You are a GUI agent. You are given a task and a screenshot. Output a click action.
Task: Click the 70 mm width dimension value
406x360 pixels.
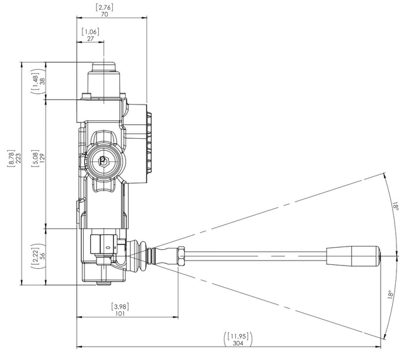point(104,15)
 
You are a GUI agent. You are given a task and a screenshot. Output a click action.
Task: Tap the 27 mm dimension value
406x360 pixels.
point(90,39)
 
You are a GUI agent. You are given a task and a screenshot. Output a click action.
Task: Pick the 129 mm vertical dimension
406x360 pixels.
point(43,158)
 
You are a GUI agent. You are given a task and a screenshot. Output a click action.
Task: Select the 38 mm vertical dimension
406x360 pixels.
point(43,81)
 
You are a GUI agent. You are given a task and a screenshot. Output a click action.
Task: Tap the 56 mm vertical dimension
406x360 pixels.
point(43,255)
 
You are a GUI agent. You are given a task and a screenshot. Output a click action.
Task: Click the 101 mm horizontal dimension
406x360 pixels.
point(120,314)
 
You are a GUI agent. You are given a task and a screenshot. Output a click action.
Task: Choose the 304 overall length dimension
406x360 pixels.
point(238,343)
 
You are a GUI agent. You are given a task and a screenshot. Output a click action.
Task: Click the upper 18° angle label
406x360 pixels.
point(396,207)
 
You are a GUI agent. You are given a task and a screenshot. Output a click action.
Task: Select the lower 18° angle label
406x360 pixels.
point(391,295)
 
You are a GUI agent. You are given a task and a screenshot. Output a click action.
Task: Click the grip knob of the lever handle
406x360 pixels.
point(353,256)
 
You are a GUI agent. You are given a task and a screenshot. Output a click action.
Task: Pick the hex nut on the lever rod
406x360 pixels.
point(181,256)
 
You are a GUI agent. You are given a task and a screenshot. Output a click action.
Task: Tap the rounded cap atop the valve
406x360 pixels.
point(104,67)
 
